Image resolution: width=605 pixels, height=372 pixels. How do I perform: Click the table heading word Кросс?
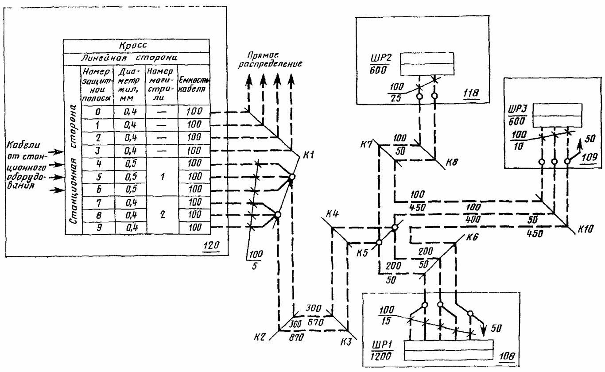133,45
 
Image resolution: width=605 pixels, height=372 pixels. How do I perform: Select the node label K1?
308,155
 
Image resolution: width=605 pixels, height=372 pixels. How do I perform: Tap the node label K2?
259,337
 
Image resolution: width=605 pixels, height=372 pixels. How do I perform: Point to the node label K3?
346,342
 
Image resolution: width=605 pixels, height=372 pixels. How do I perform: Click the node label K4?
332,214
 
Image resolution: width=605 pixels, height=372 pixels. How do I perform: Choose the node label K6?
472,237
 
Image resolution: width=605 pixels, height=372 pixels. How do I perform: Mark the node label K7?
367,144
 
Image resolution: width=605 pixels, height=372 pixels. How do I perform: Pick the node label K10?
586,229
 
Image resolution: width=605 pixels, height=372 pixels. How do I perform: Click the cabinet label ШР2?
380,58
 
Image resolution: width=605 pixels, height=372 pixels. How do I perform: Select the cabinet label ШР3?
517,108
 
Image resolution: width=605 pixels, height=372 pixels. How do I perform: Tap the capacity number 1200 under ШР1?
381,356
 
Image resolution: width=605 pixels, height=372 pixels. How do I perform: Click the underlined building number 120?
211,245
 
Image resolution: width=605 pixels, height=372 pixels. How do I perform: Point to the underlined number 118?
471,93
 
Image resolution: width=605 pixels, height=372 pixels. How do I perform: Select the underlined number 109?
589,157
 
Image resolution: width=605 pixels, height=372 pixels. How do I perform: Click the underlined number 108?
507,356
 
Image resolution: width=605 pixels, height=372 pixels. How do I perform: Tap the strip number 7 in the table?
99,203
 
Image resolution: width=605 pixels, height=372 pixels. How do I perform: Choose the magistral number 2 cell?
163,214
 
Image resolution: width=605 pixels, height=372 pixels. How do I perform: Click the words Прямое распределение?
270,60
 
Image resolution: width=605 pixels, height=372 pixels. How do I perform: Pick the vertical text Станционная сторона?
74,165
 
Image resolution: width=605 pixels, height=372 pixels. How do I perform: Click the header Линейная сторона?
129,58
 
